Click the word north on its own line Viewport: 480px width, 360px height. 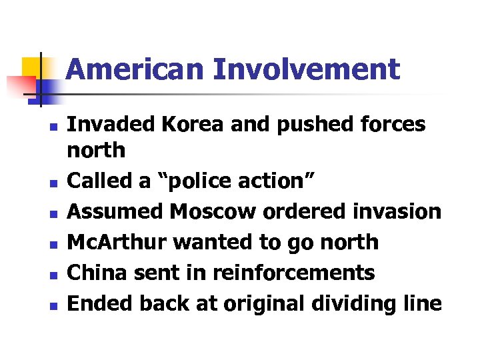97,151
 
